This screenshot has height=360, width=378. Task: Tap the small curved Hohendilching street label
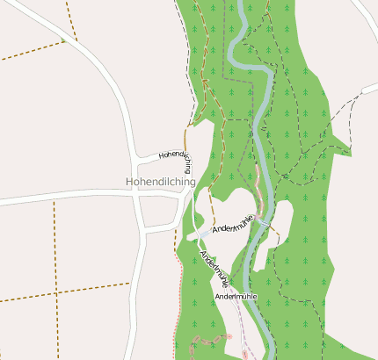pyautogui.click(x=175, y=156)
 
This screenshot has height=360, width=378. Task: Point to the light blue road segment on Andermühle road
pyautogui.click(x=203, y=233)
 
